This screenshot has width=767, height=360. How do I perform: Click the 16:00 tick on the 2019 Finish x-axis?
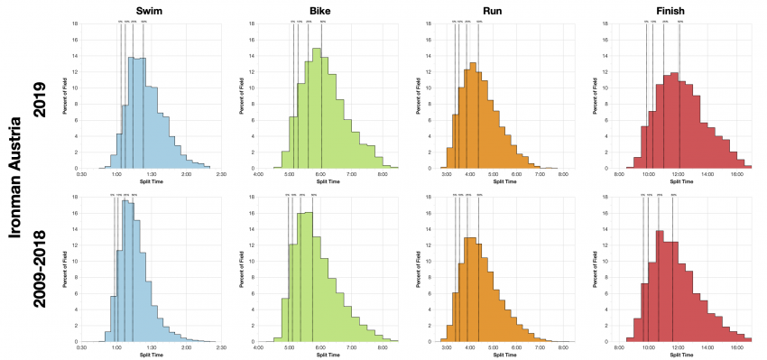click(736, 175)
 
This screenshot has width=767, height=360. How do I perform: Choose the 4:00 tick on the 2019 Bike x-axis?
click(260, 175)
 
